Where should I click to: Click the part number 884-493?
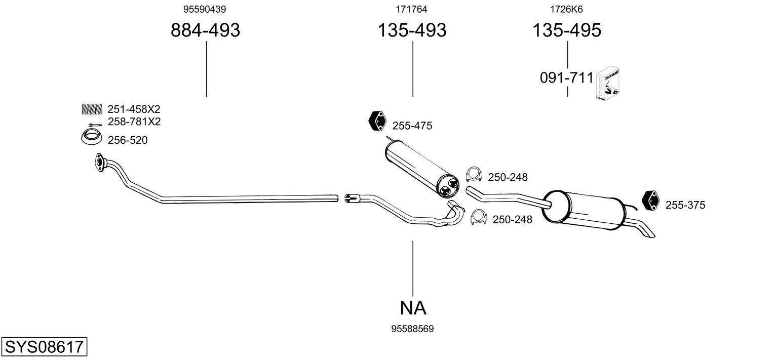(205, 30)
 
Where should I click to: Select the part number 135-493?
(412, 30)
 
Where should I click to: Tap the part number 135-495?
(566, 30)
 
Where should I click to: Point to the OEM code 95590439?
(205, 9)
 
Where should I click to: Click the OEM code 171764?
(412, 9)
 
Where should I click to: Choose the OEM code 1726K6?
(566, 9)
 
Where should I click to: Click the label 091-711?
(566, 78)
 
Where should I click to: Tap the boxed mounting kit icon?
(609, 84)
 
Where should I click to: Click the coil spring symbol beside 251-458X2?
(91, 108)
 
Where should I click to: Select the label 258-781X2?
(134, 122)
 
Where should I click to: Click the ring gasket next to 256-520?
(91, 137)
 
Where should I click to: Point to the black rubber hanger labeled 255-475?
(376, 121)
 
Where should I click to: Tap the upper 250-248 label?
(508, 178)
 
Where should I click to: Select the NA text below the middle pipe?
(412, 307)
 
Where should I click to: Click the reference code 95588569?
(412, 329)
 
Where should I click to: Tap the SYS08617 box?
(44, 348)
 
